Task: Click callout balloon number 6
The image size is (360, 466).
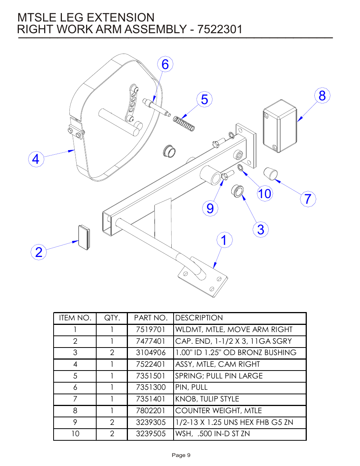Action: point(165,65)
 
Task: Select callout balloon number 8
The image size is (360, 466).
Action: point(322,96)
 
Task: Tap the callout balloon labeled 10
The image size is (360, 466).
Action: point(265,194)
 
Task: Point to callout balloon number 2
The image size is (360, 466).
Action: point(38,252)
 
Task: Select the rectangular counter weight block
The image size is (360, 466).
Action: point(280,126)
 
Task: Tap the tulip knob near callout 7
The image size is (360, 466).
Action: point(270,174)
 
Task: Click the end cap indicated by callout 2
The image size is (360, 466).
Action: point(84,237)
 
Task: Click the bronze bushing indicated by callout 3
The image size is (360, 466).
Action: point(237,191)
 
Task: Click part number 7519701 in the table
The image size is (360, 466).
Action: point(151,330)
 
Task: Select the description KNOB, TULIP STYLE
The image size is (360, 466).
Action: point(207,399)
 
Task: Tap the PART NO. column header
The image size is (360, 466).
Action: point(151,318)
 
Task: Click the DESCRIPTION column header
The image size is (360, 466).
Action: point(199,318)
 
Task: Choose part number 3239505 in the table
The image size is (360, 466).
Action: point(151,434)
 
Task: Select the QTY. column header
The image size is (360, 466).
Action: point(112,318)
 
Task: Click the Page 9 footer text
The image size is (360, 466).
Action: point(181,455)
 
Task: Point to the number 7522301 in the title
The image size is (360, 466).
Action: point(220,29)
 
